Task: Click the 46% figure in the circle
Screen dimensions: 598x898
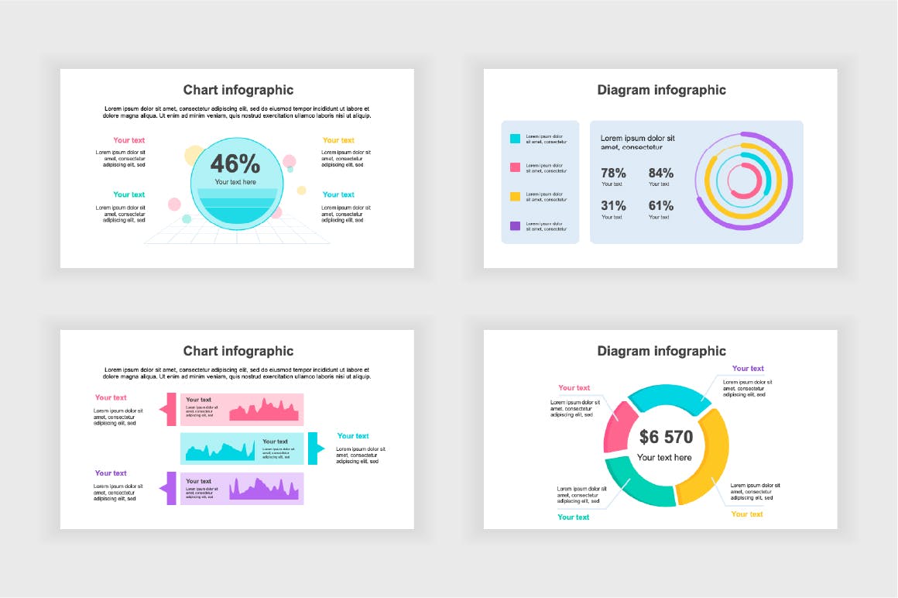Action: (x=235, y=163)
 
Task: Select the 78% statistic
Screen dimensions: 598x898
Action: (x=613, y=174)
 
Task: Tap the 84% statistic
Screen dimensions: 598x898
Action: (x=660, y=174)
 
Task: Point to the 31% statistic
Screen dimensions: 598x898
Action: (x=613, y=206)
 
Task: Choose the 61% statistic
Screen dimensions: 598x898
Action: (x=660, y=206)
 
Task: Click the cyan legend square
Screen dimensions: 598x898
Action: (x=515, y=139)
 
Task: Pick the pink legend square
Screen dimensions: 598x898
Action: (x=515, y=167)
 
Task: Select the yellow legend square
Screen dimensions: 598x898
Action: (x=515, y=197)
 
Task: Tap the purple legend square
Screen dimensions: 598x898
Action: (x=515, y=226)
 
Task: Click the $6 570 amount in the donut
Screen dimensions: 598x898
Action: (x=666, y=437)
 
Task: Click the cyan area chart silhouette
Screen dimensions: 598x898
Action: (x=221, y=452)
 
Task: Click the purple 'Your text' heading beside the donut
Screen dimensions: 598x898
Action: (x=748, y=369)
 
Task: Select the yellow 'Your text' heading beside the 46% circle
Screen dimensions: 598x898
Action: (x=338, y=140)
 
